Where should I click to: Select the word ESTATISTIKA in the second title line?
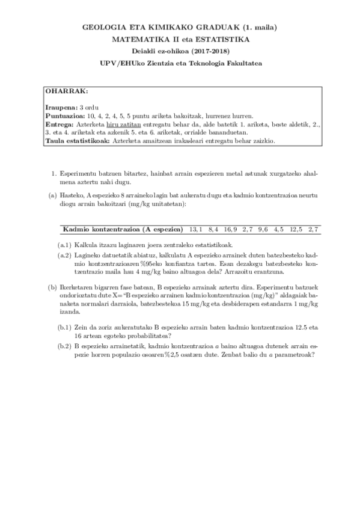click(225, 39)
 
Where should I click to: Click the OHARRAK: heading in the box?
click(67, 91)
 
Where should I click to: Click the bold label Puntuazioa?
click(64, 114)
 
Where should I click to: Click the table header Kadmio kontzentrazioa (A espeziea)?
click(123, 229)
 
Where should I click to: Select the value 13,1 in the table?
click(195, 229)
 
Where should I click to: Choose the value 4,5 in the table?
click(279, 229)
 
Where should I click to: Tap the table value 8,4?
click(213, 229)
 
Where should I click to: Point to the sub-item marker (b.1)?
click(65, 328)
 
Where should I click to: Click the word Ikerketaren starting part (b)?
click(78, 287)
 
